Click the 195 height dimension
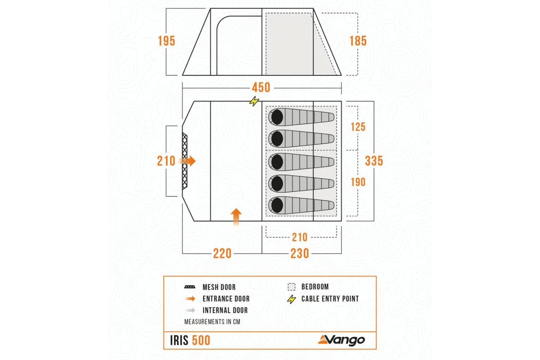pyautogui.click(x=166, y=41)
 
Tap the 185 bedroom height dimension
pyautogui.click(x=358, y=41)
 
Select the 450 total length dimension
pyautogui.click(x=261, y=87)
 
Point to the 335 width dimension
pyautogui.click(x=374, y=161)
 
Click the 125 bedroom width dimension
pyautogui.click(x=358, y=127)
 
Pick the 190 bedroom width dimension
pyautogui.click(x=358, y=182)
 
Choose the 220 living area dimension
pyautogui.click(x=222, y=254)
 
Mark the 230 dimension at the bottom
pyautogui.click(x=300, y=254)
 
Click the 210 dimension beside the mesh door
pyautogui.click(x=166, y=161)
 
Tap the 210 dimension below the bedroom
pyautogui.click(x=299, y=237)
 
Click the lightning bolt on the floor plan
pyautogui.click(x=254, y=101)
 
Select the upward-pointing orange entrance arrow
pyautogui.click(x=236, y=217)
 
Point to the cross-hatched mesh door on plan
pyautogui.click(x=185, y=161)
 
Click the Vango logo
pyautogui.click(x=341, y=340)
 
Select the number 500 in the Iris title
pyautogui.click(x=201, y=340)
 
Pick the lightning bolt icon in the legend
pyautogui.click(x=291, y=299)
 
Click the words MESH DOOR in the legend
pyautogui.click(x=219, y=287)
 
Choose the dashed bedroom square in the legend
pyautogui.click(x=291, y=287)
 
